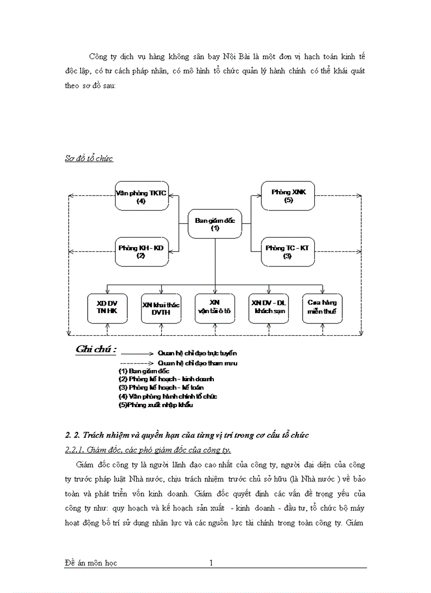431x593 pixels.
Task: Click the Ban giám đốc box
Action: [214, 224]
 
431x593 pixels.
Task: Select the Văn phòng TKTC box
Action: [141, 196]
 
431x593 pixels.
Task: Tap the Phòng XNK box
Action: [288, 196]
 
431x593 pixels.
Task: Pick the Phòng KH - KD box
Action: [141, 251]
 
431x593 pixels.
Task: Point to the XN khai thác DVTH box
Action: [161, 308]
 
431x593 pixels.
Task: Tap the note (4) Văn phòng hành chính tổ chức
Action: [167, 396]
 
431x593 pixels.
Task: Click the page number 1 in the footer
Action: [211, 563]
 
